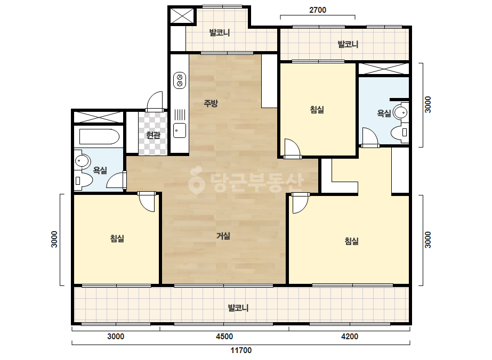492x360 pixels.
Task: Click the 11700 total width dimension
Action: [241, 350]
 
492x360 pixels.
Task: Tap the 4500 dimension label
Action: [224, 337]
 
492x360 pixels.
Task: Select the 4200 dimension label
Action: [350, 337]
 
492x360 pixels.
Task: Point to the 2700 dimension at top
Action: [318, 10]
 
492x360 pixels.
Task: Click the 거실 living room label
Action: [223, 236]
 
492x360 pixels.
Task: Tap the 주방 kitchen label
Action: [211, 103]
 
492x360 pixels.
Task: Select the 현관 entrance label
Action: [153, 135]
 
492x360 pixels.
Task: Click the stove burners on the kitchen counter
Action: [180, 80]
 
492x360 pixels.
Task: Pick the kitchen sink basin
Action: [180, 130]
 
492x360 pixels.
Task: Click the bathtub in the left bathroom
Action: [99, 137]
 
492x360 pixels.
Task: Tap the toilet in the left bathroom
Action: [83, 181]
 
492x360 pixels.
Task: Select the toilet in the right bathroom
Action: [400, 133]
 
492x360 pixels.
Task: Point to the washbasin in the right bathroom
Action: [401, 112]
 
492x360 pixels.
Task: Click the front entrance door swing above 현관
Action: [155, 101]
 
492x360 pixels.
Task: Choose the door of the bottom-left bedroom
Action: [147, 202]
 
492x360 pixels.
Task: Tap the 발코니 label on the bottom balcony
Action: [238, 308]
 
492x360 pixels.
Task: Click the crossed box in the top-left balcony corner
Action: [182, 15]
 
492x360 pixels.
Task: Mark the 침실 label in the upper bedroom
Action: [317, 110]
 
